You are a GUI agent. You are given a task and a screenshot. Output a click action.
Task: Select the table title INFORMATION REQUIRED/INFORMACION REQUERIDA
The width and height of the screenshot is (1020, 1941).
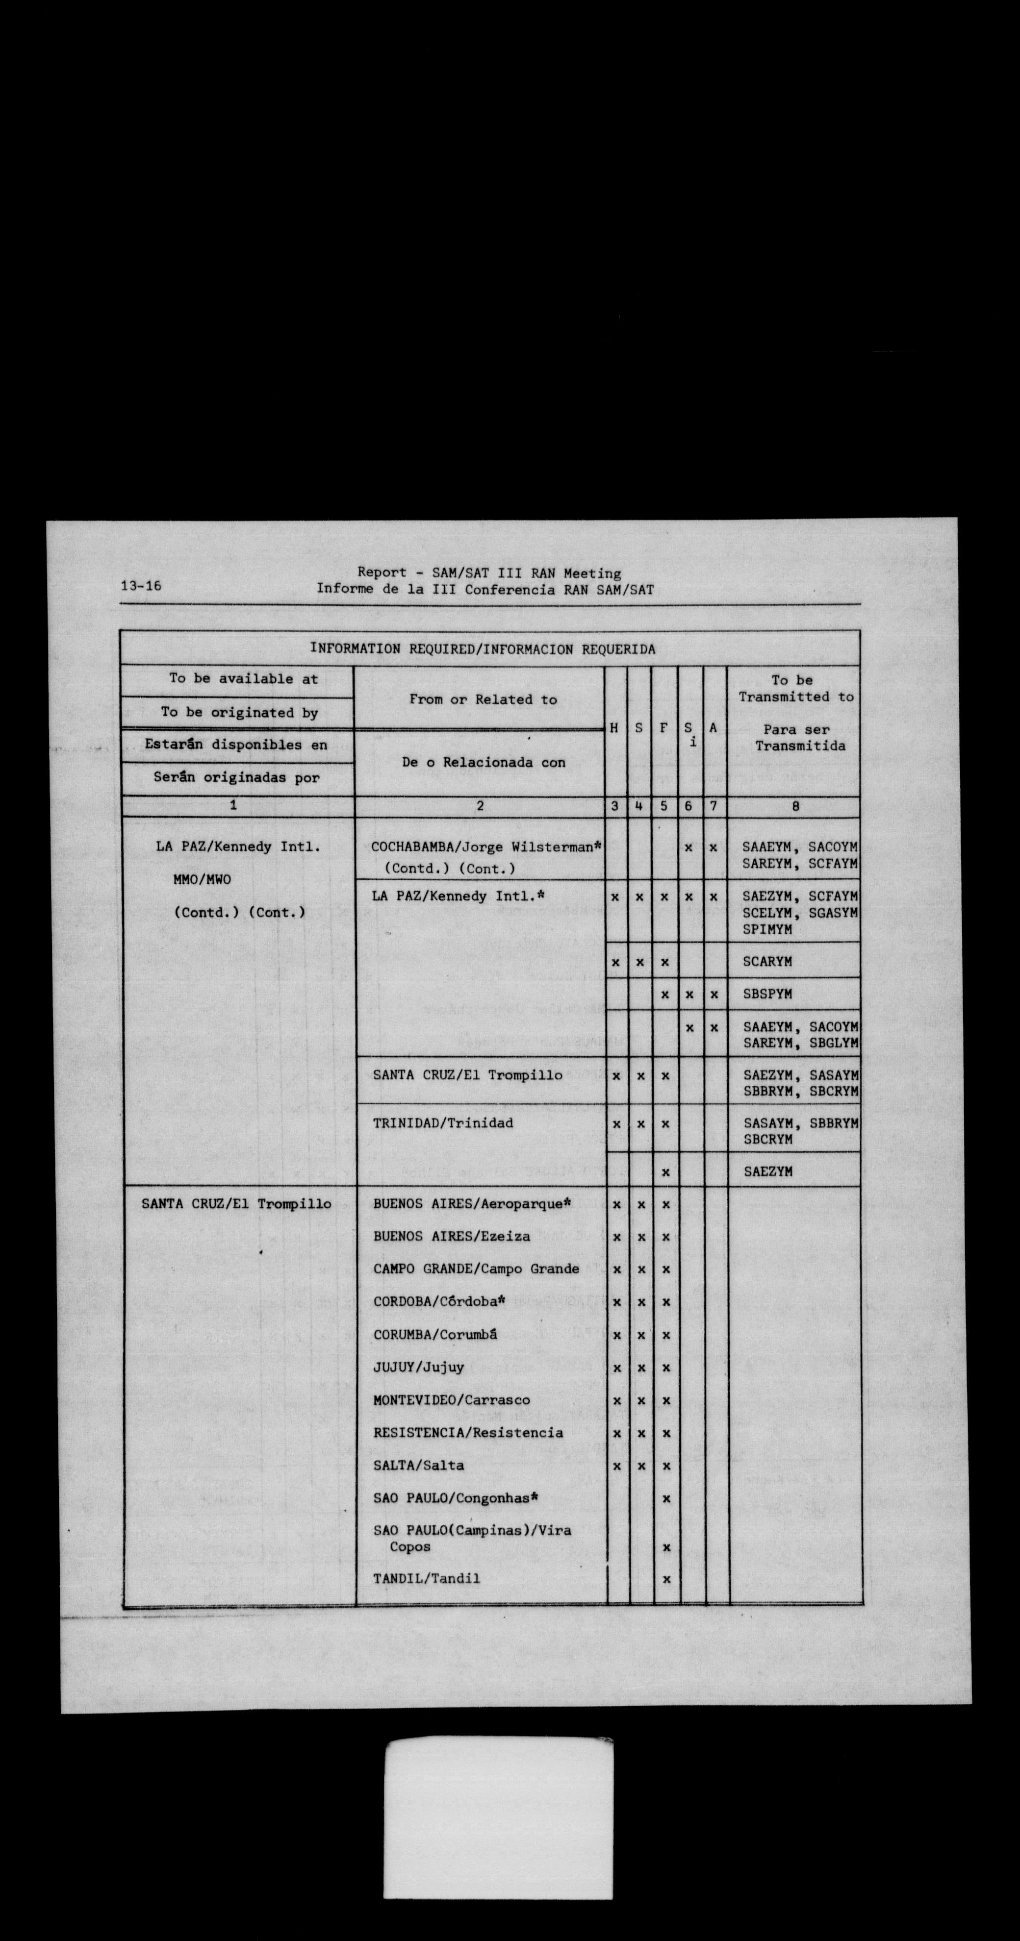tap(483, 649)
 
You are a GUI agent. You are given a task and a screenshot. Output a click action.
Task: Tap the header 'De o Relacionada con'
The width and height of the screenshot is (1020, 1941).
tap(483, 763)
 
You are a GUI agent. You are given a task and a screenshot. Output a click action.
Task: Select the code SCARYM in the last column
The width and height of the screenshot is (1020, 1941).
tap(767, 962)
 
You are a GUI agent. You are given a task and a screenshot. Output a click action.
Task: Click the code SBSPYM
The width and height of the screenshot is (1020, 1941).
tap(767, 995)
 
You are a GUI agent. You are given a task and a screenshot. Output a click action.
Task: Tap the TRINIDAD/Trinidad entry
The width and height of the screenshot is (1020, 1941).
tap(442, 1123)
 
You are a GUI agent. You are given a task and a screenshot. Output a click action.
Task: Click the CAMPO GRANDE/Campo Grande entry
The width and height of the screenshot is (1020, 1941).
tap(476, 1269)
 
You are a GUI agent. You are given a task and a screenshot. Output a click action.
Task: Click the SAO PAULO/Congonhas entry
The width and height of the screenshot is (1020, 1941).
tap(456, 1498)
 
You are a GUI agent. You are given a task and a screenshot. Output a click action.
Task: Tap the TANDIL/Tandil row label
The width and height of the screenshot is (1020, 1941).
tap(426, 1579)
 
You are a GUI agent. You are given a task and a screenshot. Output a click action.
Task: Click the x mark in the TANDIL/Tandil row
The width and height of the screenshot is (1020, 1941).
tap(665, 1579)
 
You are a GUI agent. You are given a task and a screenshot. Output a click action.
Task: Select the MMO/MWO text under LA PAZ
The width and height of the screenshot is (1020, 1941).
tap(204, 879)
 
